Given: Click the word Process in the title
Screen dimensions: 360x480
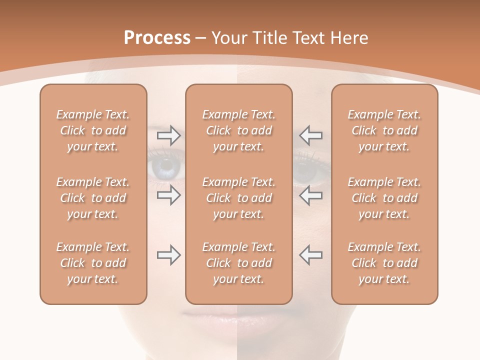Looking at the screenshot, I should (x=157, y=38).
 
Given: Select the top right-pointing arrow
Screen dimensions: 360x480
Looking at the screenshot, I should (x=168, y=135).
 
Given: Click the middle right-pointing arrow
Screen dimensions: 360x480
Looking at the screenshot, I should (x=168, y=195).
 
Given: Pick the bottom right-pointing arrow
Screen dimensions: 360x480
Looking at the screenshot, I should (x=168, y=255).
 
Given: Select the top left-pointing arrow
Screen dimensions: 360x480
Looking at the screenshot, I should (x=310, y=135).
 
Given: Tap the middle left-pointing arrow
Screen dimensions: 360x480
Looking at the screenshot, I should (x=310, y=195).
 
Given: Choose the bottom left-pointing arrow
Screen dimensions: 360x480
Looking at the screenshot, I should (x=310, y=255).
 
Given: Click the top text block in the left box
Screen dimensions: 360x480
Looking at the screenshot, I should (x=93, y=130).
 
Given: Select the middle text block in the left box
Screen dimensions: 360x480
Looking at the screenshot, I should (x=93, y=198).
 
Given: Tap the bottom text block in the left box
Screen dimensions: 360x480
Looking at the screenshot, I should (x=93, y=263).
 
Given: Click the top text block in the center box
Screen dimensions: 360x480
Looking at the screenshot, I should (x=239, y=130).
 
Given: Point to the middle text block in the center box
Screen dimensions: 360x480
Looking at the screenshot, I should (x=239, y=198).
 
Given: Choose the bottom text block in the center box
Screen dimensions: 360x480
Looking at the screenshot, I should (x=239, y=263).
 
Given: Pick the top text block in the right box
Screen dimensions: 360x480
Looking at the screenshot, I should (x=384, y=130).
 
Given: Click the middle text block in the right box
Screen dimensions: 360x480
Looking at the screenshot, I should (x=384, y=198).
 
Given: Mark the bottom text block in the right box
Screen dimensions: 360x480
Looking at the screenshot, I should (x=384, y=263).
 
